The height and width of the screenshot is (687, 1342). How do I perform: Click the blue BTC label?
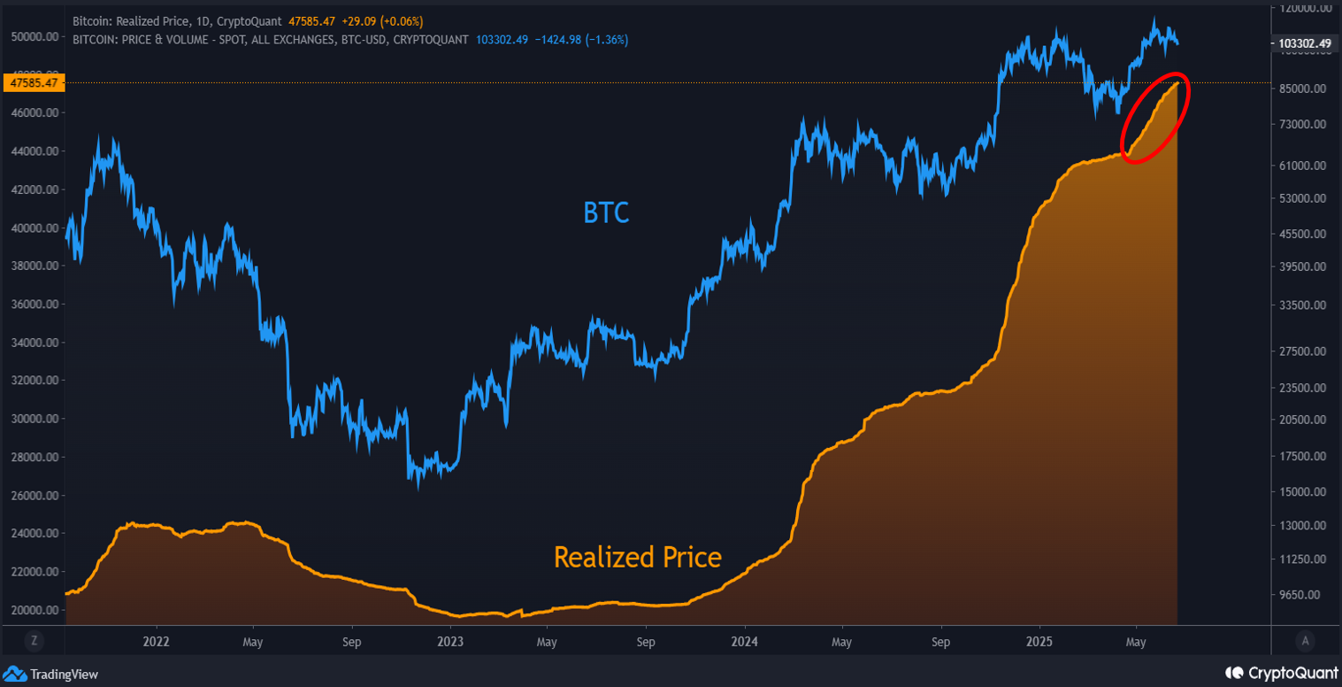606,212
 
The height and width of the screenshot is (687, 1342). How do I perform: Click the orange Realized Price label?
637,557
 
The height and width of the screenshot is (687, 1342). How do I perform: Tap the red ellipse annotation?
1155,118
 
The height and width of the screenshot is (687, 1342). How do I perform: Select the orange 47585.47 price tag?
33,83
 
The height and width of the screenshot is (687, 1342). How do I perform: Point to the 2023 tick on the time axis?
450,641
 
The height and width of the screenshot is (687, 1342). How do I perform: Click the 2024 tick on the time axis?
745,641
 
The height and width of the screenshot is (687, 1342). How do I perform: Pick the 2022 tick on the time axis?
156,641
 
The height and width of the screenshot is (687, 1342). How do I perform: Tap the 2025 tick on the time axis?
1039,641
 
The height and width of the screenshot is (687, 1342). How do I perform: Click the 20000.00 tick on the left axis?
36,610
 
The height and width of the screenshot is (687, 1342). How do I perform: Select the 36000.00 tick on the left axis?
36,304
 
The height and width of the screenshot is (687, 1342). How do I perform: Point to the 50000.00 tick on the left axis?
36,36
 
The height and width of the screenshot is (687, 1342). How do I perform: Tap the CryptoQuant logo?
1278,674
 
